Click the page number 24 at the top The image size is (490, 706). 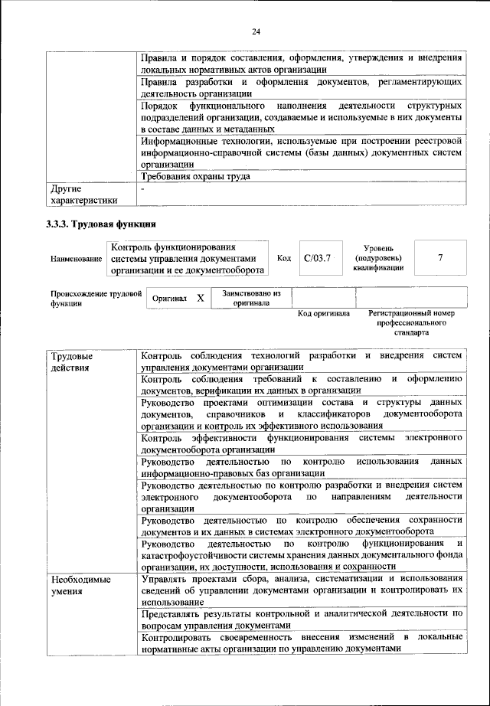coord(255,31)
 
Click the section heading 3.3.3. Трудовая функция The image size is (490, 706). coord(101,224)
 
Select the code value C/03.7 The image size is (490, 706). coord(316,258)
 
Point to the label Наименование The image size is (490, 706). coord(76,260)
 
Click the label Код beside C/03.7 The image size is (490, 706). coord(283,258)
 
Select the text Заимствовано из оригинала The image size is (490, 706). coord(251,298)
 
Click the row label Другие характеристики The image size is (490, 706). coord(83,194)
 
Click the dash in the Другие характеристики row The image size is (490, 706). coord(143,188)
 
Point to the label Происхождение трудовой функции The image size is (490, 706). coord(96,298)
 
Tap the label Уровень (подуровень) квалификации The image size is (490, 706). coord(378,259)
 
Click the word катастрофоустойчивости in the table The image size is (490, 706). coord(200,554)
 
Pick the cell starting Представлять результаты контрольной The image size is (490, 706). coord(302,619)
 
